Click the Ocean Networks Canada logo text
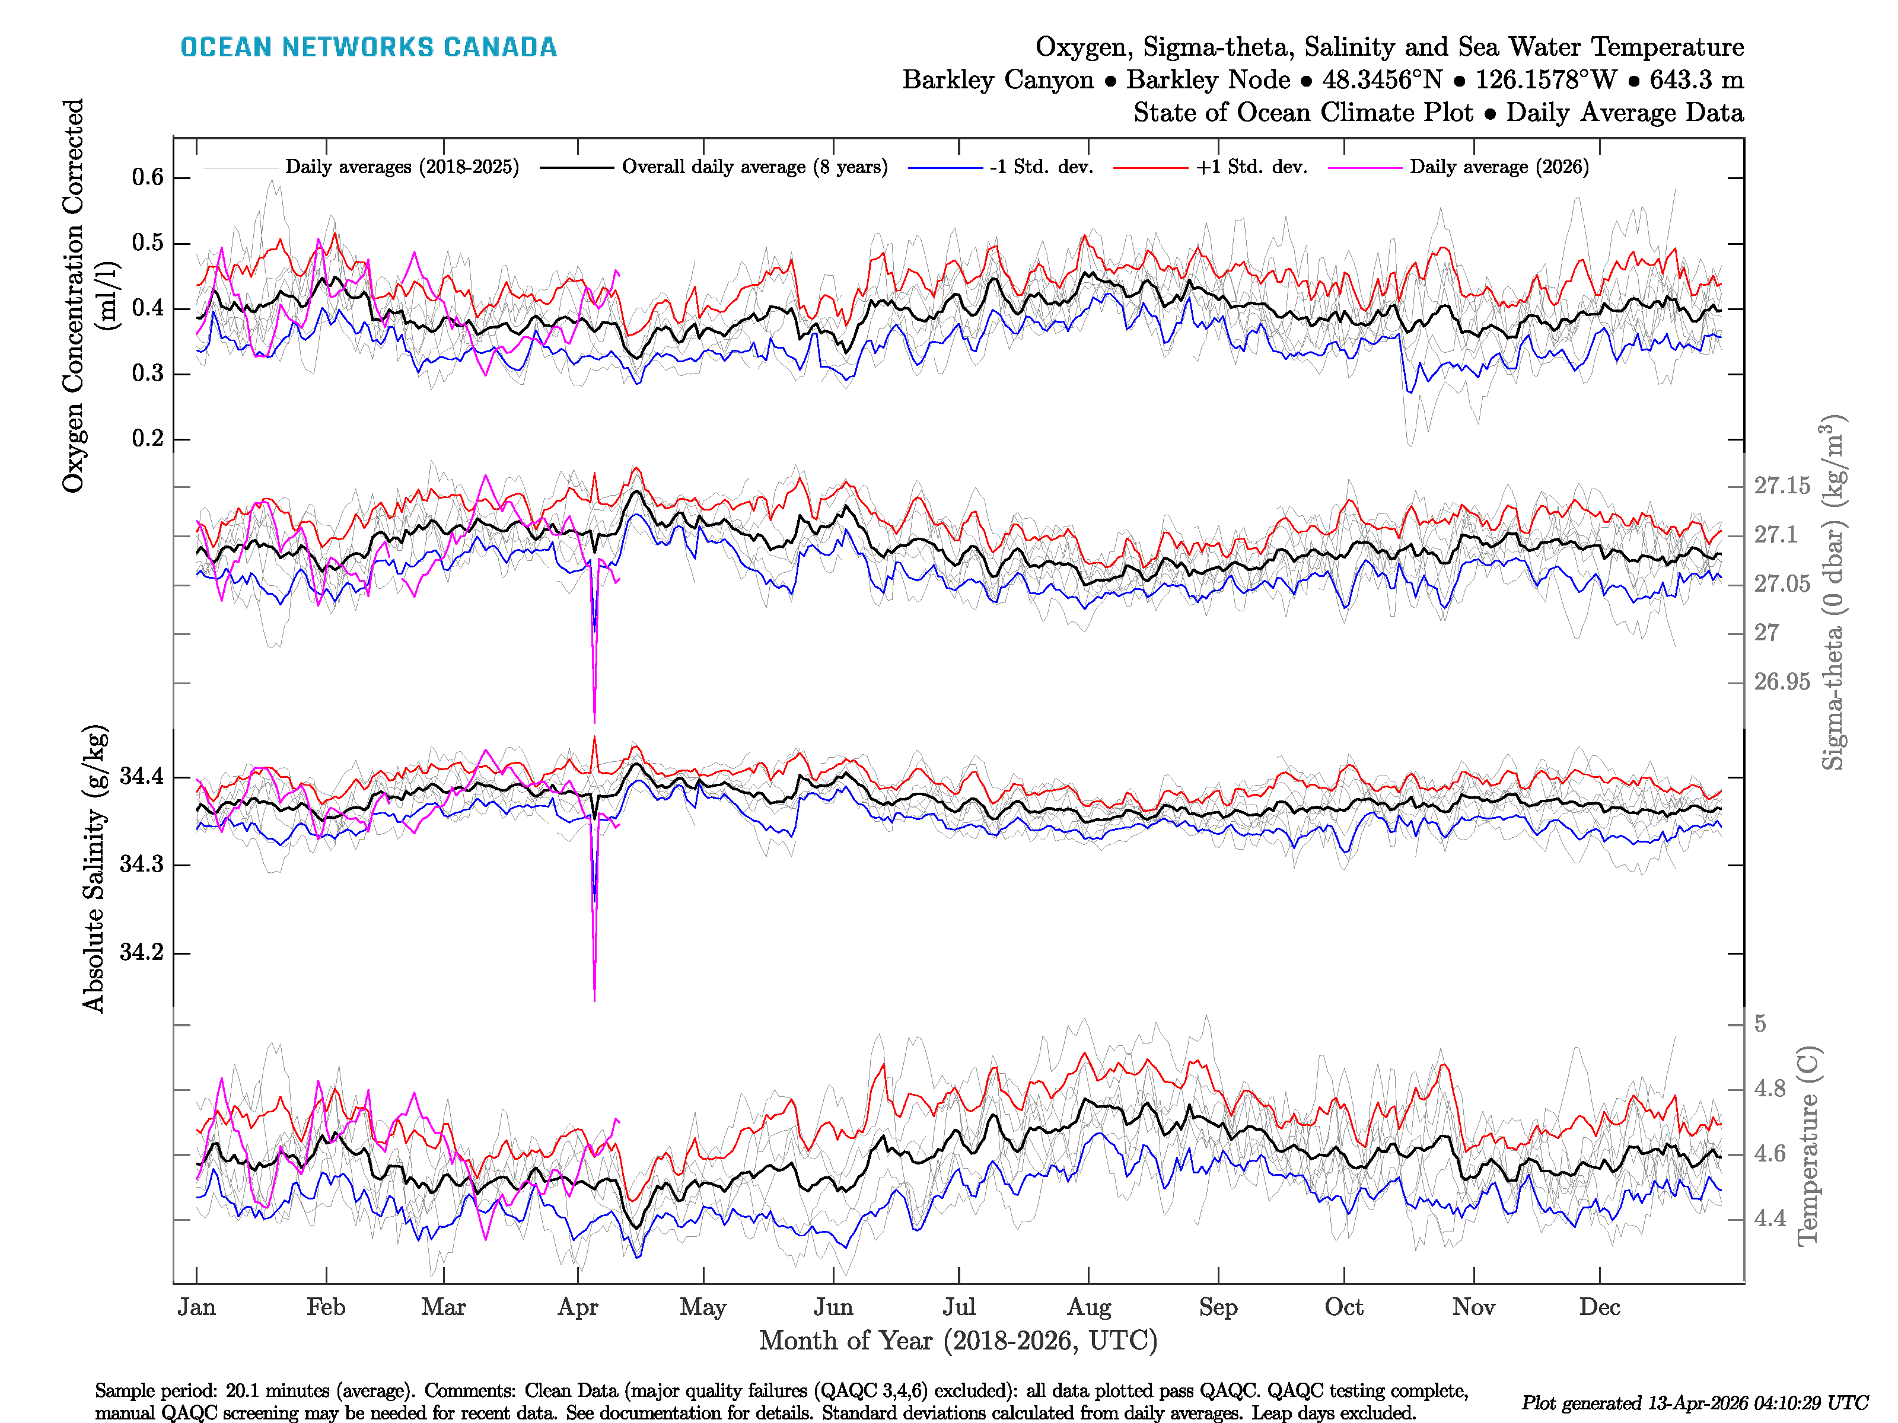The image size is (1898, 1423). [x=368, y=47]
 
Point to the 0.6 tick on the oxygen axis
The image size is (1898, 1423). [x=148, y=177]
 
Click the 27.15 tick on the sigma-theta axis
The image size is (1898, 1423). [x=1781, y=486]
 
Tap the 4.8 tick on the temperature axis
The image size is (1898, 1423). [x=1769, y=1089]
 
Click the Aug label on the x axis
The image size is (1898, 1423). [x=1089, y=1308]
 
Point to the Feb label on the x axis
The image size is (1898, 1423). [x=326, y=1308]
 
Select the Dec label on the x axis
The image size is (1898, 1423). [x=1600, y=1308]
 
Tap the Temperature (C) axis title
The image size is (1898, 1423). [x=1807, y=1145]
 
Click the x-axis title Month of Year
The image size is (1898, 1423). [x=957, y=1341]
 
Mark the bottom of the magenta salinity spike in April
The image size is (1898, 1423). [x=595, y=998]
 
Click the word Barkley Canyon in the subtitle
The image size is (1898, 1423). [x=997, y=80]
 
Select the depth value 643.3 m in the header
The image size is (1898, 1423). [x=1696, y=80]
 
